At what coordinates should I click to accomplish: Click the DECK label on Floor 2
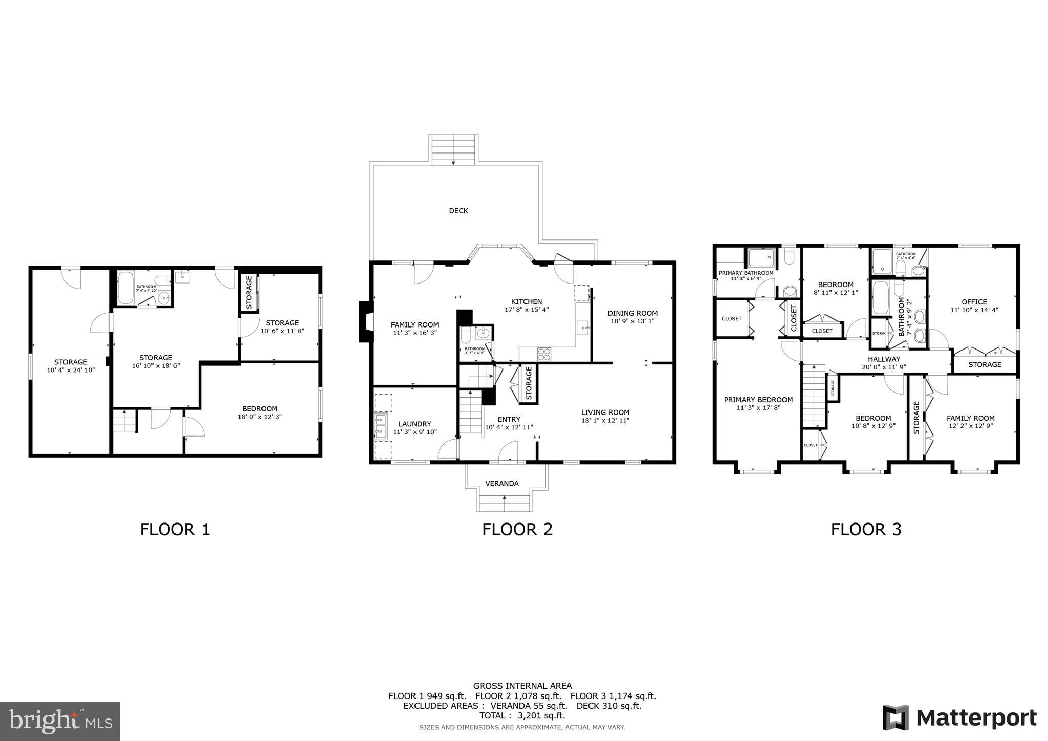coord(458,211)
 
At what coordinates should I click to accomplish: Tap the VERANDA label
coord(501,483)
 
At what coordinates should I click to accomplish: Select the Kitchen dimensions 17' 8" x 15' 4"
coord(527,310)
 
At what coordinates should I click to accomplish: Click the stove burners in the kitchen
coord(544,354)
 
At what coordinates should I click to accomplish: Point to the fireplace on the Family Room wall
coord(365,321)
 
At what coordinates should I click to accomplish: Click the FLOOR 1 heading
coord(175,529)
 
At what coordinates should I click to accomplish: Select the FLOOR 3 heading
coord(866,529)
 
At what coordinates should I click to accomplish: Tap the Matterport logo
coord(960,717)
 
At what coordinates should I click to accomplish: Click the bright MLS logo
coord(60,721)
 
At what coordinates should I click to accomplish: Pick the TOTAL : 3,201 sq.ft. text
coord(522,715)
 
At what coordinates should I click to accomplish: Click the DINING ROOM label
coord(632,313)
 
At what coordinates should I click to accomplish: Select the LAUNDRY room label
coord(414,424)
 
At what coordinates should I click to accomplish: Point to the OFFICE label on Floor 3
coord(974,302)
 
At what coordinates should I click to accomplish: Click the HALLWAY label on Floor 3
coord(884,359)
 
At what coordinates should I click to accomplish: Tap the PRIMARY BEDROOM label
coord(758,400)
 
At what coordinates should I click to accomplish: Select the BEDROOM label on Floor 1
coord(259,408)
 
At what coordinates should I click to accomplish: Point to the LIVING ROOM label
coord(605,412)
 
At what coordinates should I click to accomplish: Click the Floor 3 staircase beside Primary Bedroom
coord(814,397)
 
